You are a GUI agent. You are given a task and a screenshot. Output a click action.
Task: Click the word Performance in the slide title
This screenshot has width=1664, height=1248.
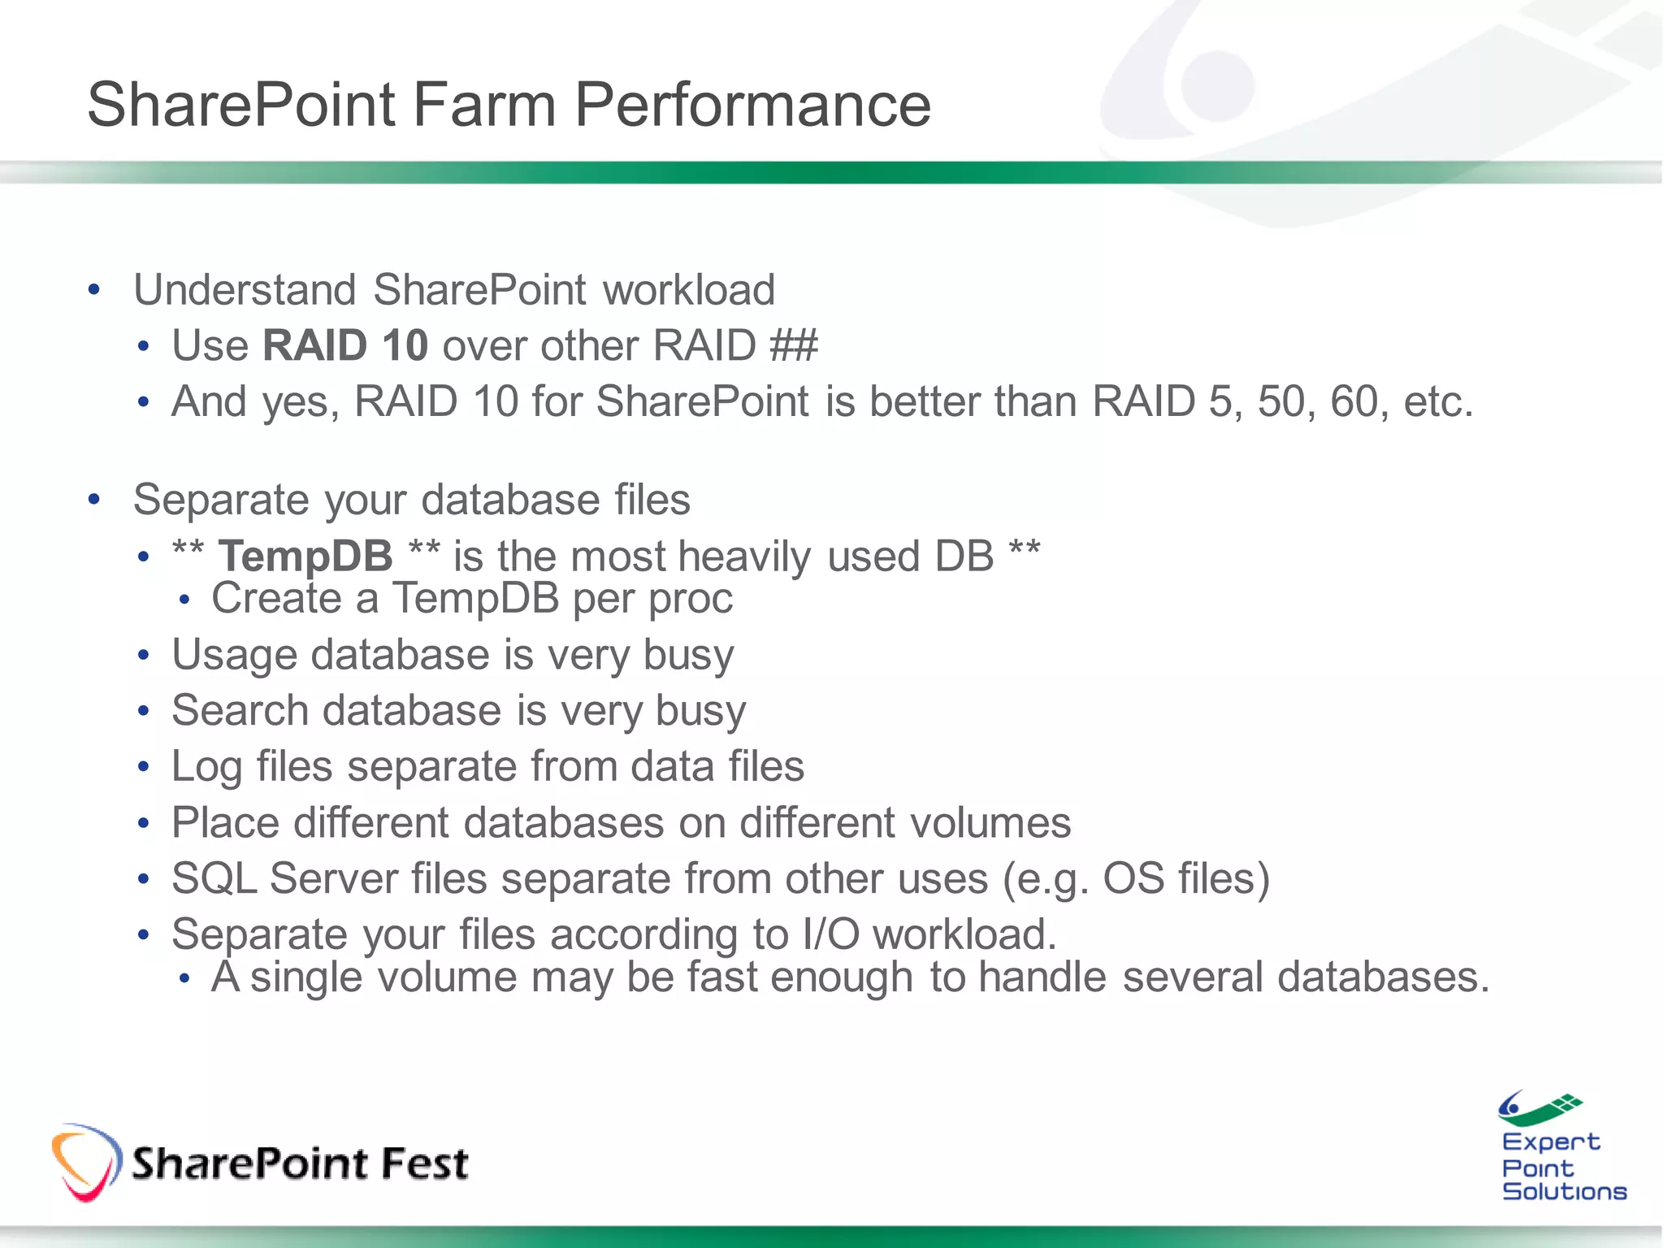pyautogui.click(x=752, y=106)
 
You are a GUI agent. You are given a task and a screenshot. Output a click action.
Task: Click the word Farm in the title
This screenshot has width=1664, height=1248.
pyautogui.click(x=483, y=106)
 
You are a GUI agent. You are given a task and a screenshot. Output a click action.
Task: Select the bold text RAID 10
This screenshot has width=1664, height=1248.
pyautogui.click(x=345, y=346)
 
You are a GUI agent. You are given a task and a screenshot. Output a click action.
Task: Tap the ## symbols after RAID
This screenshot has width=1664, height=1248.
pyautogui.click(x=794, y=346)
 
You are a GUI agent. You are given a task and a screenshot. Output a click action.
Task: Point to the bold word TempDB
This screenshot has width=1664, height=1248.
pyautogui.click(x=305, y=557)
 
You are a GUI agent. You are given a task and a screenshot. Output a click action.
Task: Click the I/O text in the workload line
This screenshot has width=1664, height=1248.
pyautogui.click(x=830, y=934)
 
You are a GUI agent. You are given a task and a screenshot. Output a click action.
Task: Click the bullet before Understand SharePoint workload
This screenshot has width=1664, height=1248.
pyautogui.click(x=94, y=290)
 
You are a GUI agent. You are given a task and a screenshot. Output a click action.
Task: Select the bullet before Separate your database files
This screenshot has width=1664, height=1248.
pyautogui.click(x=94, y=500)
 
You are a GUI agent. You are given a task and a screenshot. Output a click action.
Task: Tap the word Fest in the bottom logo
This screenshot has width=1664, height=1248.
pyautogui.click(x=424, y=1163)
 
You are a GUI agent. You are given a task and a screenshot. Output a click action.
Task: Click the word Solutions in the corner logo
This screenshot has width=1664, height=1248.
pyautogui.click(x=1563, y=1192)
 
